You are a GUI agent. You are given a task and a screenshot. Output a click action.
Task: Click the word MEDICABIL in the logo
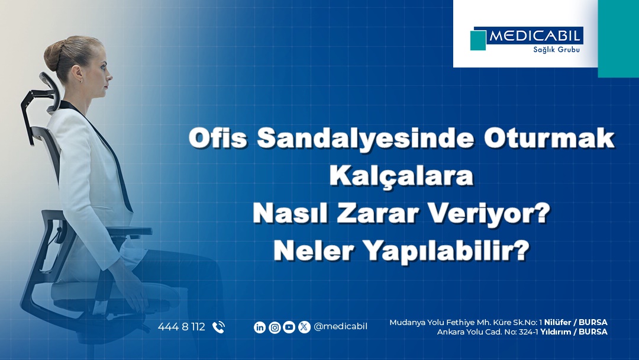[535, 36]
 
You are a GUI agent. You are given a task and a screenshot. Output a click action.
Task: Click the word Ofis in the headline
[217, 139]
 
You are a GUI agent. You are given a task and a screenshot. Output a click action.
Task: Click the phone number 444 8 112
[181, 327]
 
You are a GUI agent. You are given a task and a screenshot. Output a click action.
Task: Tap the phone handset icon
[218, 327]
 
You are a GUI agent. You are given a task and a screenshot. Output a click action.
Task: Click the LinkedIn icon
[260, 327]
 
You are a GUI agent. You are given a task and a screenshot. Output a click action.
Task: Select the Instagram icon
[275, 327]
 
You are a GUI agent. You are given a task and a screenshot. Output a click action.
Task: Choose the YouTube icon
[289, 327]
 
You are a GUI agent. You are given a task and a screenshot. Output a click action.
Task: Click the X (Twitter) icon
[304, 327]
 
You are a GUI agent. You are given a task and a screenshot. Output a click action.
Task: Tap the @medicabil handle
[340, 327]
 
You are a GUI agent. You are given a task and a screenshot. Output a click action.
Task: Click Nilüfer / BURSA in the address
[575, 322]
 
